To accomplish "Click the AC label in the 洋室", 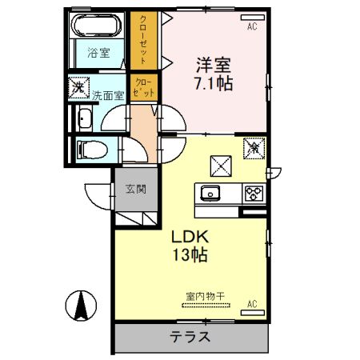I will [252, 28].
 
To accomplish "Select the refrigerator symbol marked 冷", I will [253, 147].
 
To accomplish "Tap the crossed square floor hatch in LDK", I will [221, 164].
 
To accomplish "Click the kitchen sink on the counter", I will [211, 193].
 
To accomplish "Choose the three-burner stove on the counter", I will [252, 193].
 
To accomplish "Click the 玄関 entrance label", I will [134, 190].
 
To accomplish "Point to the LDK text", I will [189, 236].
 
